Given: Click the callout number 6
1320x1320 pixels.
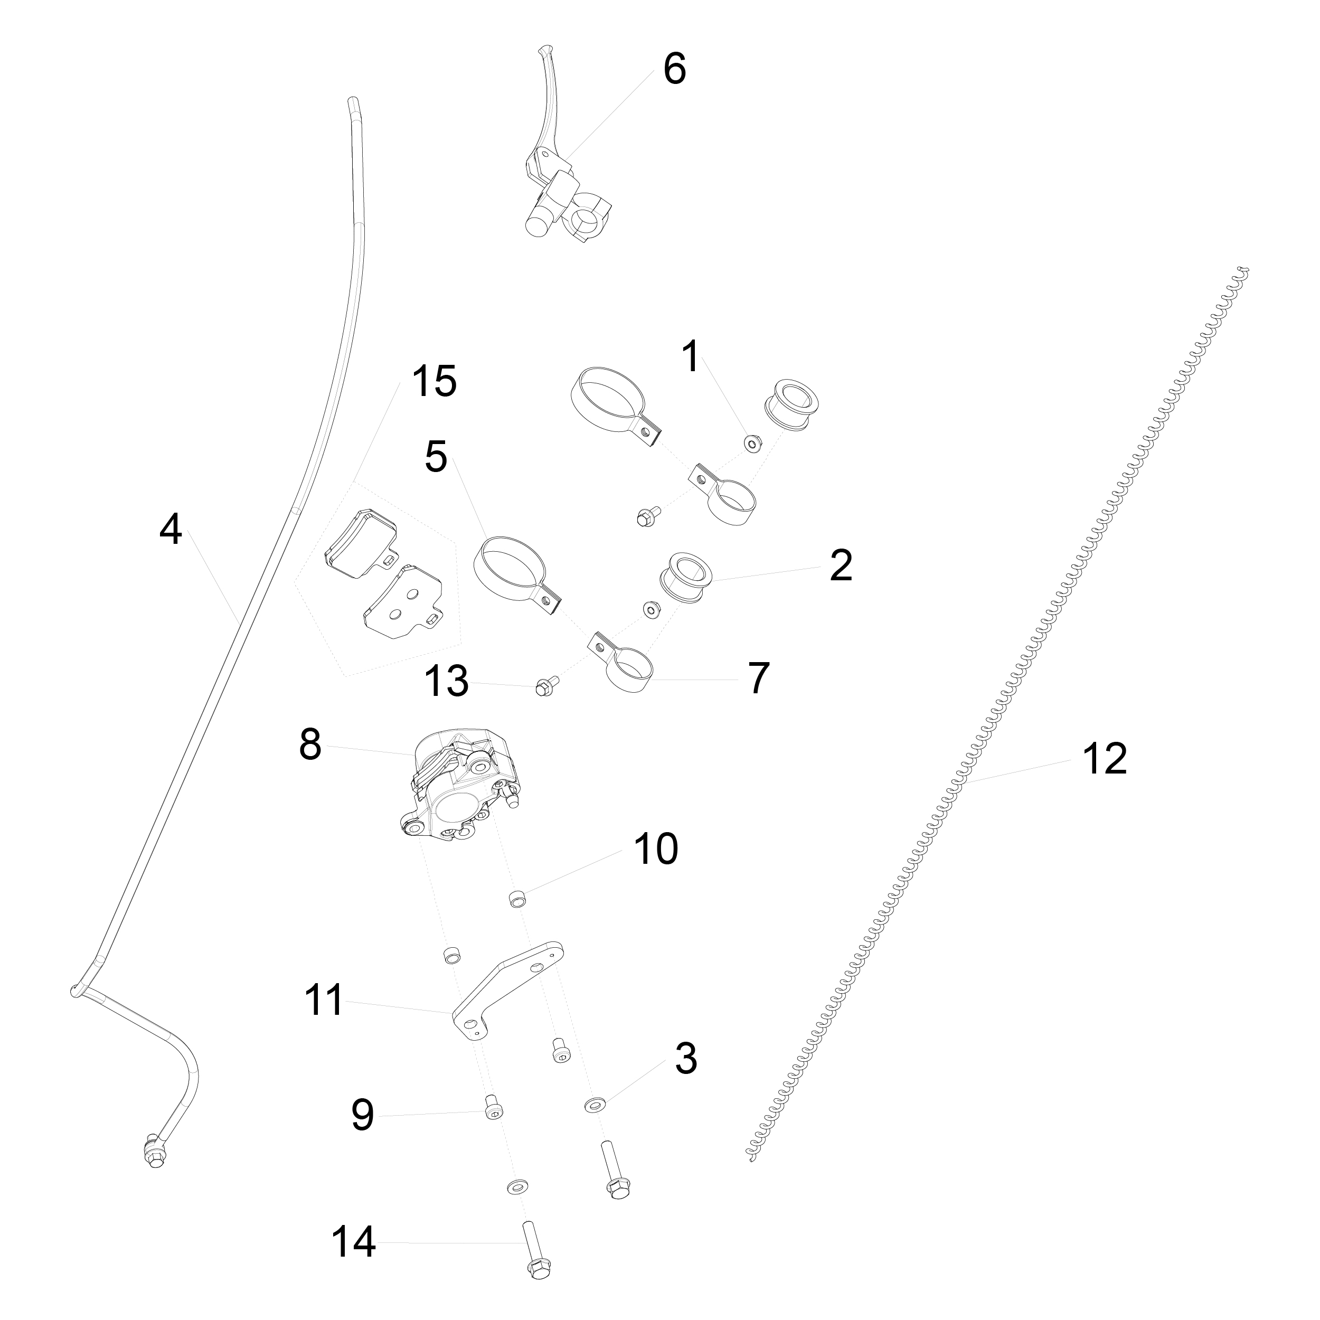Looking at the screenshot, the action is [x=674, y=69].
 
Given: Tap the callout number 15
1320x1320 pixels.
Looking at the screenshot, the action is [x=434, y=381].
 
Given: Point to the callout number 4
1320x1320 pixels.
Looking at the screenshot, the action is [x=171, y=530].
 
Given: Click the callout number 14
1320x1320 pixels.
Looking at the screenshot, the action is [x=354, y=1242].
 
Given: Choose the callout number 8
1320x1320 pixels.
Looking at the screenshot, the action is [x=310, y=744].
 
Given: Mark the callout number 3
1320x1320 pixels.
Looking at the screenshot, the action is [x=686, y=1058].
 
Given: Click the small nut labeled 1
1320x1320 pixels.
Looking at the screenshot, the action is [x=752, y=444].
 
